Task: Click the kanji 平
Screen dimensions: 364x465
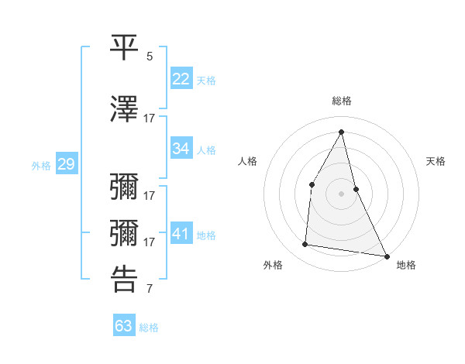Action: pyautogui.click(x=124, y=48)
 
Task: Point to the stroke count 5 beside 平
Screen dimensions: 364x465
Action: pyautogui.click(x=150, y=57)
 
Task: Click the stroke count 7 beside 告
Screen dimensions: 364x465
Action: pyautogui.click(x=150, y=290)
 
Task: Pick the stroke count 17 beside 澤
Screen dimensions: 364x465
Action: pyautogui.click(x=150, y=118)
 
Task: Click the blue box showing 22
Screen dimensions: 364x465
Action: pyautogui.click(x=181, y=79)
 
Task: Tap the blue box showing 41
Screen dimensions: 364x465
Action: pyautogui.click(x=181, y=234)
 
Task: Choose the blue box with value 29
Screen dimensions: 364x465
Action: pyautogui.click(x=66, y=164)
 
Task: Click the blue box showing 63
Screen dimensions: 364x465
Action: pyautogui.click(x=124, y=326)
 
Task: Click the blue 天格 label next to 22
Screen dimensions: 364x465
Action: pyautogui.click(x=206, y=81)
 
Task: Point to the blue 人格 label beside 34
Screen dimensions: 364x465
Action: pyautogui.click(x=206, y=149)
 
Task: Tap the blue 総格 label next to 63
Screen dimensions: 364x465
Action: pyautogui.click(x=149, y=328)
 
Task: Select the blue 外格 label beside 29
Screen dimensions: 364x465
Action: pyautogui.click(x=41, y=166)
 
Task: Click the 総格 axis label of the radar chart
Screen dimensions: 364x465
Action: pyautogui.click(x=341, y=101)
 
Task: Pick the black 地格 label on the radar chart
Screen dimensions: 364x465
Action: pyautogui.click(x=406, y=265)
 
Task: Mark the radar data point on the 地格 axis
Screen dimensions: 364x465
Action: pyautogui.click(x=387, y=256)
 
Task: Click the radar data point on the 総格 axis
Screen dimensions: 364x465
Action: pyautogui.click(x=341, y=131)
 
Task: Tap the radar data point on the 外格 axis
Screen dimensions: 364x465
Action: pyautogui.click(x=305, y=245)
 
